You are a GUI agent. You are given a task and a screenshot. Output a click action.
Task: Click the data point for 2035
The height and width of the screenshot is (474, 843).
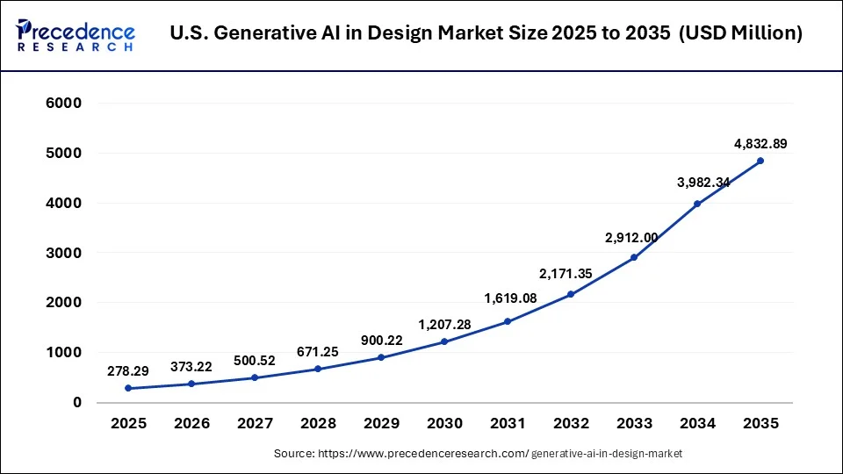coord(760,161)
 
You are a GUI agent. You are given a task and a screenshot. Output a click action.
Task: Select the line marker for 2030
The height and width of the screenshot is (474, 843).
coord(444,341)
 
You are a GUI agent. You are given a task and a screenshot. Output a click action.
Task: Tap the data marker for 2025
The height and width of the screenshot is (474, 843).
coord(128,388)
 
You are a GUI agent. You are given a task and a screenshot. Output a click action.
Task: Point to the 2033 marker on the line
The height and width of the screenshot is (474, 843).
coord(634,257)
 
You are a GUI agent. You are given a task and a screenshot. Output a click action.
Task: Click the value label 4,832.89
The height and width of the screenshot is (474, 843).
coord(760,142)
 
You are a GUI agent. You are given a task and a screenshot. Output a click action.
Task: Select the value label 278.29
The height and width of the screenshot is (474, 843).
coord(128,370)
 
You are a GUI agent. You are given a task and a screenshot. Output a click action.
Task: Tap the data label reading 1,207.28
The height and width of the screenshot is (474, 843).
coord(444,324)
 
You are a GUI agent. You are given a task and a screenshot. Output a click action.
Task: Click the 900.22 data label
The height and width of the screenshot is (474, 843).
coord(381,340)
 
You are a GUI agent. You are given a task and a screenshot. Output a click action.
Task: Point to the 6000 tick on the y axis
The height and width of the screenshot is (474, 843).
coord(63,104)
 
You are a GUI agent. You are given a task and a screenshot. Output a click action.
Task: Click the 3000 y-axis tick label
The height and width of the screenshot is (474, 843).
coord(63,253)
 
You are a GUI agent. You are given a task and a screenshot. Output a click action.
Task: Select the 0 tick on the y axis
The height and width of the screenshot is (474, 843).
coord(76,403)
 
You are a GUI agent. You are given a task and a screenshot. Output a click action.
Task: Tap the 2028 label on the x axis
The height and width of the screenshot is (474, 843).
coord(318,423)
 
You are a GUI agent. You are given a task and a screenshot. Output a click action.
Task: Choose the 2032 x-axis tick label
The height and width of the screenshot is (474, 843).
coord(571,423)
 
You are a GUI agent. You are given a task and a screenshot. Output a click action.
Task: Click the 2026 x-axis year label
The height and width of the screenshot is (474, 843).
coord(191,423)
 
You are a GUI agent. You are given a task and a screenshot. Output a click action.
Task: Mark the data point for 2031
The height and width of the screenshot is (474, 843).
coord(508,321)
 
